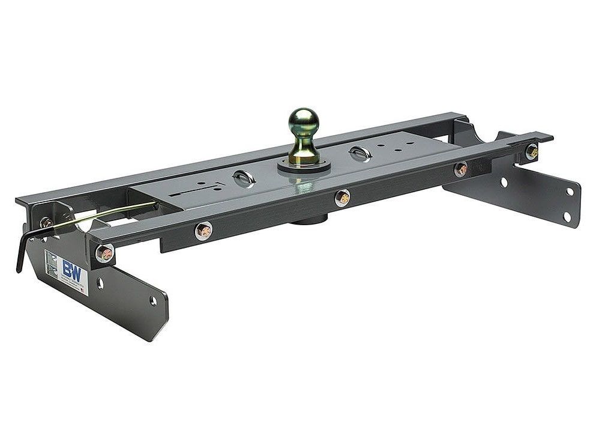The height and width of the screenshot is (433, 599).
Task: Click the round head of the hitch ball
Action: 303,121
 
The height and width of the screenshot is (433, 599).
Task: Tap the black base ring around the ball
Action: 304,166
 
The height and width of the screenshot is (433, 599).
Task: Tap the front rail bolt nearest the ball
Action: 342,198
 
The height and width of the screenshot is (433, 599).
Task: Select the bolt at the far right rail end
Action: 531,151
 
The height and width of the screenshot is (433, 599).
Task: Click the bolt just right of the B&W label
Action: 104,253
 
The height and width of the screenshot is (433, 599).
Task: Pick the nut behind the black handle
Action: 46,223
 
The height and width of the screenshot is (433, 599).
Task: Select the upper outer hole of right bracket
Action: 570,192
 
